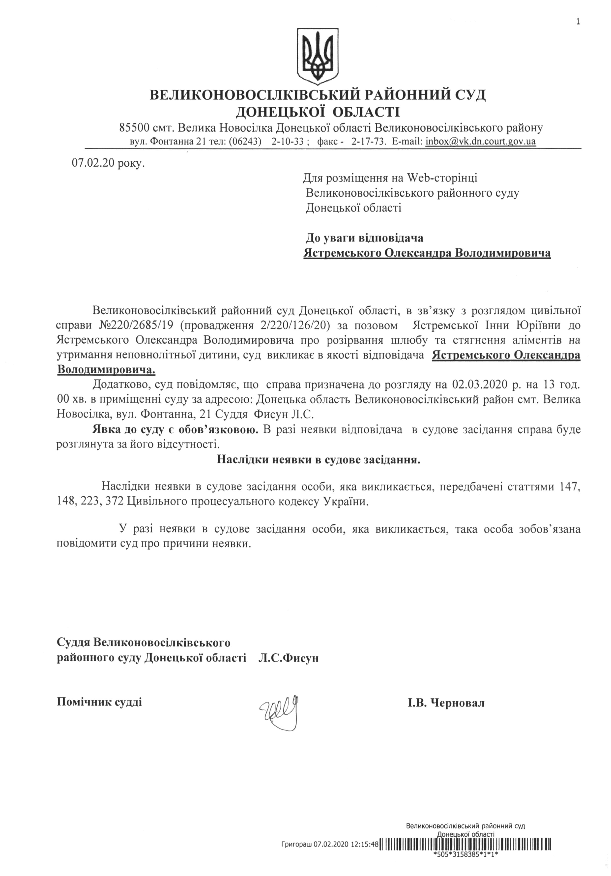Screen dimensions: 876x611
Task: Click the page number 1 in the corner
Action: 578,11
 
